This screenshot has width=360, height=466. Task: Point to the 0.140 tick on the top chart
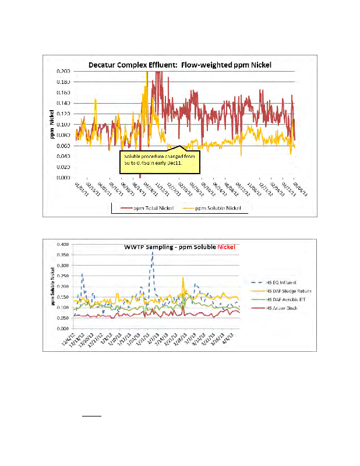(x=63, y=103)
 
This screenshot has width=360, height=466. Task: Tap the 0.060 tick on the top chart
(x=63, y=146)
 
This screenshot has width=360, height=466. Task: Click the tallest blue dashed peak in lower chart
(x=153, y=253)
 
